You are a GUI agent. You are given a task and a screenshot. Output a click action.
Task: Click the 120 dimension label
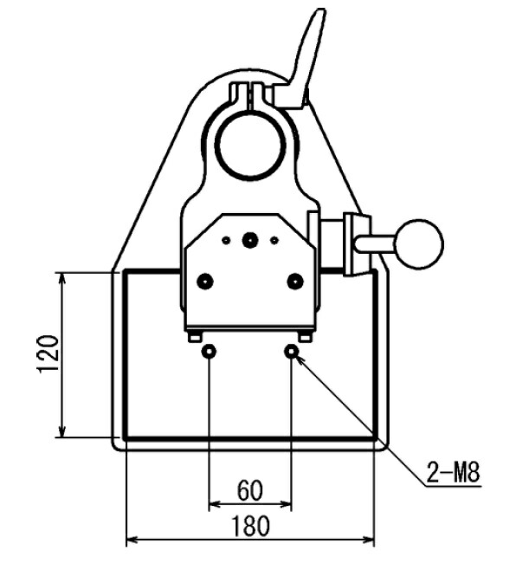point(48,353)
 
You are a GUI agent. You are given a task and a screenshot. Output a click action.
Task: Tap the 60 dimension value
point(249,490)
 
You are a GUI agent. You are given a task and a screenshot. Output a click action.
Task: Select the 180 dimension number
point(251,526)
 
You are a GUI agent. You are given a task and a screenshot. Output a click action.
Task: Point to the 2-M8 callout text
point(453,472)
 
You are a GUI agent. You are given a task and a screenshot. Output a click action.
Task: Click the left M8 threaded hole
point(209,352)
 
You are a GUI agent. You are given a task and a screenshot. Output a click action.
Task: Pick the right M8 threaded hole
point(292,352)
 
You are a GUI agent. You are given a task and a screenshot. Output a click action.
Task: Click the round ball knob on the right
point(419,244)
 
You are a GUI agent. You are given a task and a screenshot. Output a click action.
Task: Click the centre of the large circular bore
point(250,146)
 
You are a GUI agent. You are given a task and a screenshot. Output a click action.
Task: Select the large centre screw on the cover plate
point(249,240)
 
